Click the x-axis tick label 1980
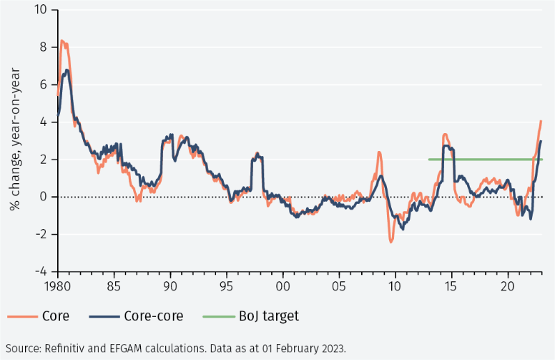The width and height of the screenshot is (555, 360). click(57, 285)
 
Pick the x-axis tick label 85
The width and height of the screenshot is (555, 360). click(114, 285)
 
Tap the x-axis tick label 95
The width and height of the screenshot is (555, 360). click(227, 285)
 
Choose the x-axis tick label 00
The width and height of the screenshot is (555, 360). click(283, 285)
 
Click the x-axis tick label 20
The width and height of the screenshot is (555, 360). click(508, 285)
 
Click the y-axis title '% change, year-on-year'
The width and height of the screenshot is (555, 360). click(14, 141)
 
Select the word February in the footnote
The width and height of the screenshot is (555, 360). click(295, 348)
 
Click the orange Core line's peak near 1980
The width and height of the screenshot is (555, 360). click(62, 41)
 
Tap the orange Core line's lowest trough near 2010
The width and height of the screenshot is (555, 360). click(391, 242)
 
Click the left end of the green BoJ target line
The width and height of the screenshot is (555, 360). click(429, 160)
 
